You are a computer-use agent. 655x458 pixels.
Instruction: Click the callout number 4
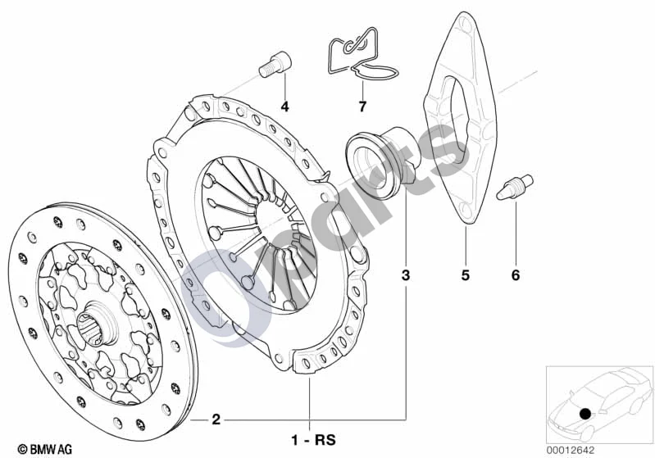[285, 107]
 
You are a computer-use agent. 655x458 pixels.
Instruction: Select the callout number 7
[362, 107]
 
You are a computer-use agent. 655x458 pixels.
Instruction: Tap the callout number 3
[406, 275]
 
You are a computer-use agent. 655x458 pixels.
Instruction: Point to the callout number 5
[466, 275]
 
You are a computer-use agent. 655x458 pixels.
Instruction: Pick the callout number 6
[516, 275]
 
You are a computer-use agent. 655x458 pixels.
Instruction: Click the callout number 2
[216, 419]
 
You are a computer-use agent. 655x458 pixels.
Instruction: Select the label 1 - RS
[314, 440]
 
